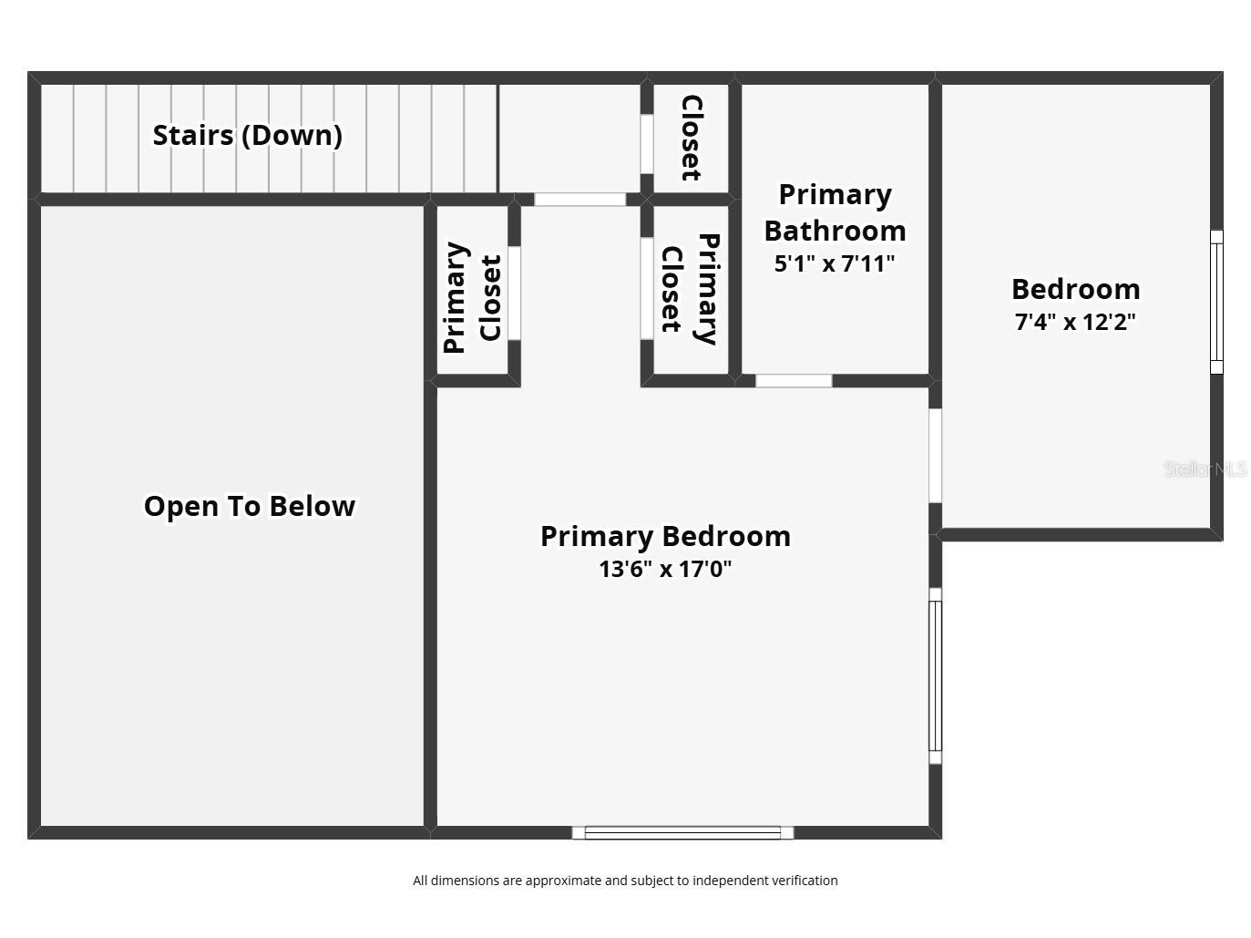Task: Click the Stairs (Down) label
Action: point(248,136)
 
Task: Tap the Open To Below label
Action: point(250,506)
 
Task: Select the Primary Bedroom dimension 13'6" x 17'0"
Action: point(665,569)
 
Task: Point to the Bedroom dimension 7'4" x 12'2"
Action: point(1075,322)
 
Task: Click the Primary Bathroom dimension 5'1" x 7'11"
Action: point(835,263)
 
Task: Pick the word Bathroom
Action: point(835,231)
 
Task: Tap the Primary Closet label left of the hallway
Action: point(472,297)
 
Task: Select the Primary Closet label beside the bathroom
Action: point(690,289)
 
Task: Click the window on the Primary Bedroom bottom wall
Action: point(682,832)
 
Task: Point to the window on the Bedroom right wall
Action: point(1216,302)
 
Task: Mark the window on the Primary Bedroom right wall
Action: point(935,675)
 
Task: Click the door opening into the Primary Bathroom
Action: point(794,381)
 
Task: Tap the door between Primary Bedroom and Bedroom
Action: point(935,456)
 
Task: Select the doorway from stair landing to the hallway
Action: point(579,200)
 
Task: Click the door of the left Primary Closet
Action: point(514,294)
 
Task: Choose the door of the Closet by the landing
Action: point(647,144)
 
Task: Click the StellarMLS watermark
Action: point(1205,469)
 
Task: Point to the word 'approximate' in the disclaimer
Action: point(562,881)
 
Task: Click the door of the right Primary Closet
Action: point(647,289)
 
